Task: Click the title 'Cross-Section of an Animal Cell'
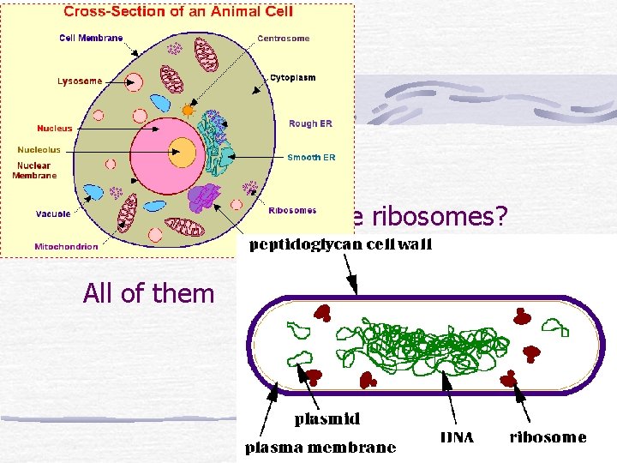(177, 12)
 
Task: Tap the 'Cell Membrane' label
(91, 38)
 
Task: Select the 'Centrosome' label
(284, 39)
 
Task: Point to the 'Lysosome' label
(80, 81)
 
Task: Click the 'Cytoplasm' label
(292, 78)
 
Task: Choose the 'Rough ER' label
(309, 123)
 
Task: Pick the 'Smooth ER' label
(311, 158)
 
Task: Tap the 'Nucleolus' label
(39, 150)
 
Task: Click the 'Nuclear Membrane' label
(34, 171)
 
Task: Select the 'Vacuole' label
(53, 213)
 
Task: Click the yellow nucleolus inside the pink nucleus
(182, 153)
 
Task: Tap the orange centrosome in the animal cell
(188, 110)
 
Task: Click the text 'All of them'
(148, 293)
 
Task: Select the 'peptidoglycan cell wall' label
(340, 246)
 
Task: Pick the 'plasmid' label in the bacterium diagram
(326, 420)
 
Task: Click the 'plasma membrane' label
(321, 448)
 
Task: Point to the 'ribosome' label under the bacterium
(548, 438)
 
